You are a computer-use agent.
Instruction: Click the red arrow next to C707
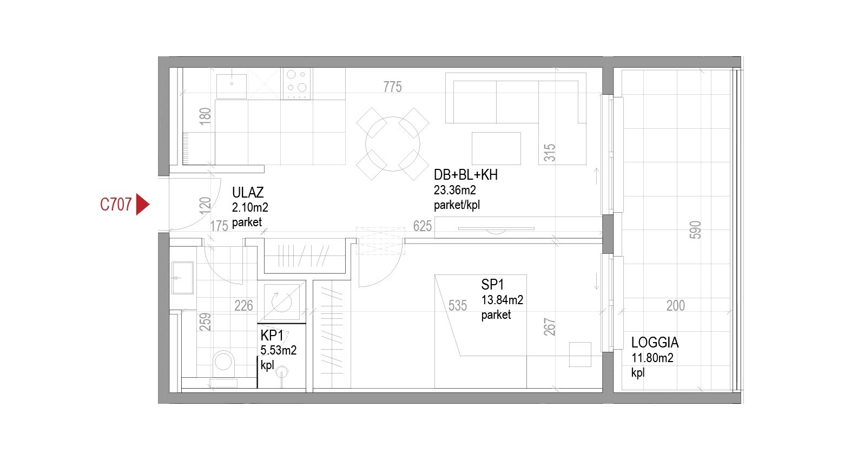coord(142,205)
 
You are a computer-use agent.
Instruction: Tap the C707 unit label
coord(116,205)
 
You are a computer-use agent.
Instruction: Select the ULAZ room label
coord(248,193)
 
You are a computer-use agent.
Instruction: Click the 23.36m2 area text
coord(455,190)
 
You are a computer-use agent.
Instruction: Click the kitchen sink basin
coord(232,86)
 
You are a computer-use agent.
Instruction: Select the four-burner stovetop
coord(297,84)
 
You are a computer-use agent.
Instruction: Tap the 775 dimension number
coord(393,87)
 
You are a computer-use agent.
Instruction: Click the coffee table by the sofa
coord(496,148)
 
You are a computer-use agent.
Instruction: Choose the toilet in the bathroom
coord(223,364)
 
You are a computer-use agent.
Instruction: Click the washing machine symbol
coord(282,302)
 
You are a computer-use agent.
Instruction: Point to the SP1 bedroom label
coord(492,285)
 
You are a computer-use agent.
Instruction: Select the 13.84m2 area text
coord(502,300)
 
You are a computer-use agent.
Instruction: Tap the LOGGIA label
coord(655,343)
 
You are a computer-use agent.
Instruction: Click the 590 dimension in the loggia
coord(696,230)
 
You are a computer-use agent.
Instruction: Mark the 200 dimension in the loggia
coord(676,306)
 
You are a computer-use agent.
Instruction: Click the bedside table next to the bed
coord(580,354)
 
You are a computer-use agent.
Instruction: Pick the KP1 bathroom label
coord(272,335)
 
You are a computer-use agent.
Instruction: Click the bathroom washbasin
coord(182,278)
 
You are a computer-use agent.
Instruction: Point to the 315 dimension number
coord(550,153)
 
